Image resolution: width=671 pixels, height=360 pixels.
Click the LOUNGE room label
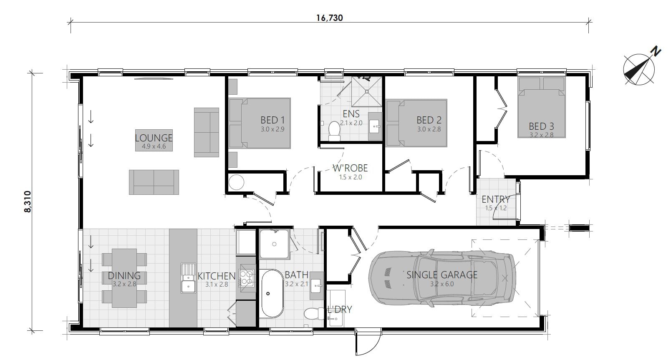click(x=154, y=138)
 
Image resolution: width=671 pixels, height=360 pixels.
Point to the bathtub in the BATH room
click(x=272, y=293)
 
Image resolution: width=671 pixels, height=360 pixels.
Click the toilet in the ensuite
click(x=334, y=131)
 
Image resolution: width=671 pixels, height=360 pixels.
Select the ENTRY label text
click(x=496, y=199)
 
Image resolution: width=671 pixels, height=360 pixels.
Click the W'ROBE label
click(x=350, y=168)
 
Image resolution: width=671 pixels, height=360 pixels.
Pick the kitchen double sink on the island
click(x=188, y=278)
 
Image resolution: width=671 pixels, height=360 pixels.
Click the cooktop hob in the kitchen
click(x=246, y=278)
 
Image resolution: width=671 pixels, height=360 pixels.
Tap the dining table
click(x=124, y=277)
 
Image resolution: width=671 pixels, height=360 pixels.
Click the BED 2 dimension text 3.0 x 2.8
click(x=429, y=129)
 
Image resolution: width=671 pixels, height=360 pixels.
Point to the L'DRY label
click(x=340, y=310)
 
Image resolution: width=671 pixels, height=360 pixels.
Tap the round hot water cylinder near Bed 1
click(x=237, y=182)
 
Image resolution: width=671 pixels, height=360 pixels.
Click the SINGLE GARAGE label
click(x=442, y=275)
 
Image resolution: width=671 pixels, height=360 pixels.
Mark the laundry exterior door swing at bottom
click(x=367, y=342)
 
